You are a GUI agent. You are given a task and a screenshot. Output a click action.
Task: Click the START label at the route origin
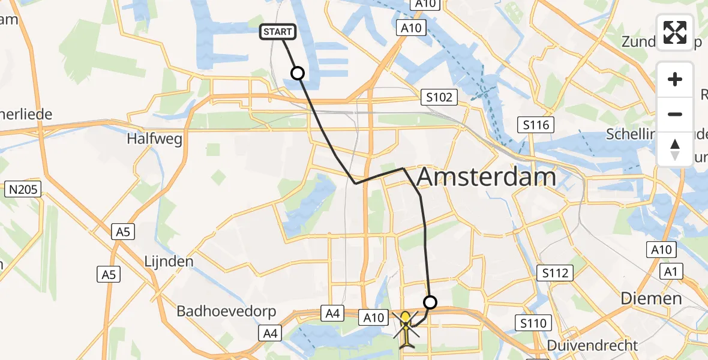coord(277,32)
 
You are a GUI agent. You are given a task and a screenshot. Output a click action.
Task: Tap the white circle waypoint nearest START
coord(298,73)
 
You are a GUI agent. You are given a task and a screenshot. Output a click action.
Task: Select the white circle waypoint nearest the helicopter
coord(430,302)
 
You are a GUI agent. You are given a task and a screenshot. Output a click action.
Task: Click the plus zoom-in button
coord(675,80)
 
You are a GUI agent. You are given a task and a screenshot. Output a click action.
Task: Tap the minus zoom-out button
coord(675,114)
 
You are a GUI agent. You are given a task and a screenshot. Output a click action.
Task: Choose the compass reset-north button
coord(675,149)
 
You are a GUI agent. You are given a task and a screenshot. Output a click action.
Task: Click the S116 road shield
coord(535,125)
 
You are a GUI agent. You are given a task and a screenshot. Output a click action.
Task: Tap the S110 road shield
coord(533,324)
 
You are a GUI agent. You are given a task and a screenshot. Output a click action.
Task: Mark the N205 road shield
coord(22,190)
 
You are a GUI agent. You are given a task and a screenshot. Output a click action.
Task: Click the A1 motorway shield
coord(671,272)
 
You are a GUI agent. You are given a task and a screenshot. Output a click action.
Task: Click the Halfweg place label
coord(146,139)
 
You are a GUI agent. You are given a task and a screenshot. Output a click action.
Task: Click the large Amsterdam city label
coord(486,178)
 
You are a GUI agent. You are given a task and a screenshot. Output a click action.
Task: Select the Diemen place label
coord(651,298)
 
